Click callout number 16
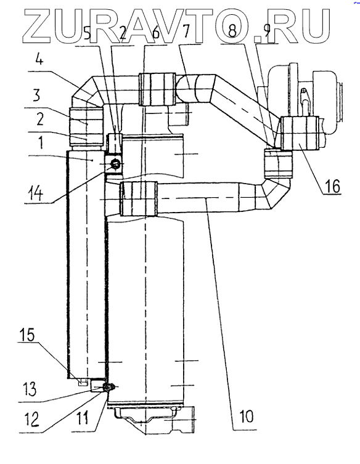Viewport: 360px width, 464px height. pyautogui.click(x=332, y=187)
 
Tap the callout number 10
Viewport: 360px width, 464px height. pyautogui.click(x=245, y=416)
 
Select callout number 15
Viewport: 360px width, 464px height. pyautogui.click(x=27, y=335)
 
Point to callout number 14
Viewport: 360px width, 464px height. pyautogui.click(x=35, y=194)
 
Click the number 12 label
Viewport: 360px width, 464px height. pyautogui.click(x=31, y=419)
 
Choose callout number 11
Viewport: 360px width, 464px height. pyautogui.click(x=83, y=419)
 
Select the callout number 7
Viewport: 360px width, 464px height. pyautogui.click(x=186, y=32)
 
